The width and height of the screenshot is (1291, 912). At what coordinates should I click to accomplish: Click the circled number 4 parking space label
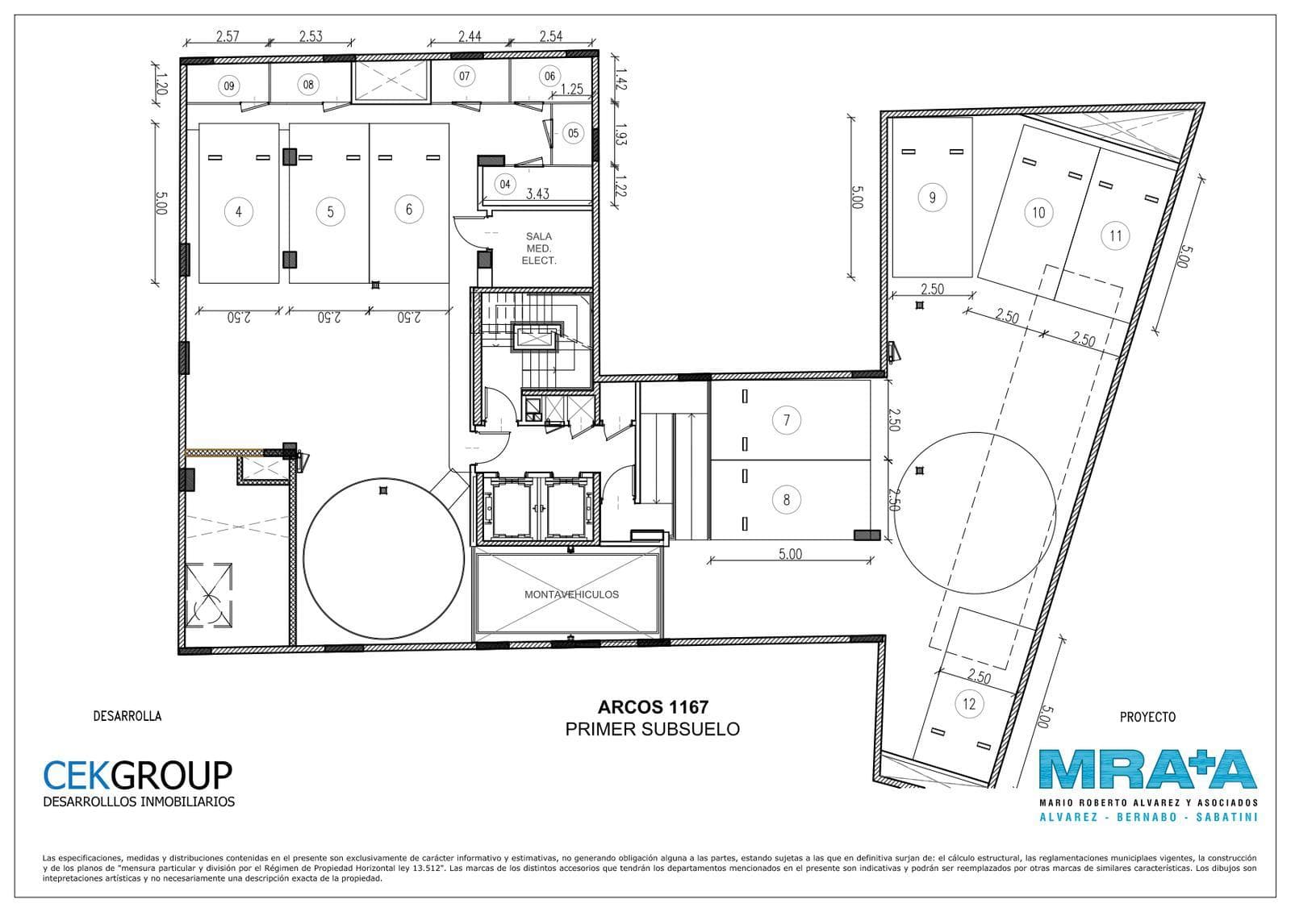(x=239, y=211)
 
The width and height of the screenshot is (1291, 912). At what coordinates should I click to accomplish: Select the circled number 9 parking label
(x=933, y=198)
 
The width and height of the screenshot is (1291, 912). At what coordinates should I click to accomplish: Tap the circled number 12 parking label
(x=969, y=704)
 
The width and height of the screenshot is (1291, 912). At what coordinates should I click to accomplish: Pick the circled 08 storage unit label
(x=308, y=85)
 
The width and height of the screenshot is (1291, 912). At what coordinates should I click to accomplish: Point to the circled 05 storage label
(x=573, y=134)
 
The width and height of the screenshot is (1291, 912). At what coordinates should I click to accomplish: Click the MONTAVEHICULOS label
(x=571, y=594)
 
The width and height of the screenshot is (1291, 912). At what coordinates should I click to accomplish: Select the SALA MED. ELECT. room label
(x=539, y=248)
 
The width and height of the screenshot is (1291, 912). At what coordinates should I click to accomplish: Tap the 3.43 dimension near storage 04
(x=537, y=194)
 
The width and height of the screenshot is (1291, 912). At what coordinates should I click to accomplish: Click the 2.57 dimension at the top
(x=227, y=36)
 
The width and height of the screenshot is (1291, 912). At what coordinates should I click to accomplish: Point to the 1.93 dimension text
(x=620, y=134)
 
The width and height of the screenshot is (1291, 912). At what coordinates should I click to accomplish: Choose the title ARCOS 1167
(x=653, y=707)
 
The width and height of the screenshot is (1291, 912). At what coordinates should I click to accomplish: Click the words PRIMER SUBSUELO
(x=653, y=730)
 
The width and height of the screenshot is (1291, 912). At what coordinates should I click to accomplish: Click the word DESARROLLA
(x=127, y=716)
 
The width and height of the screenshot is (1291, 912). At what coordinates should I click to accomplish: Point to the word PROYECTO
(x=1147, y=717)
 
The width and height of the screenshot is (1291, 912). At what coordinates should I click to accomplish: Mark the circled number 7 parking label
(x=787, y=420)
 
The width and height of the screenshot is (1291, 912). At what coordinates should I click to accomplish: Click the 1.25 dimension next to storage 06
(x=571, y=89)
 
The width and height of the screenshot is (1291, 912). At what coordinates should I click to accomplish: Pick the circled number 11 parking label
(x=1115, y=235)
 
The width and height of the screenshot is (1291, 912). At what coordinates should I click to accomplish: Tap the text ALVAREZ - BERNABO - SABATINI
(x=1148, y=817)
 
